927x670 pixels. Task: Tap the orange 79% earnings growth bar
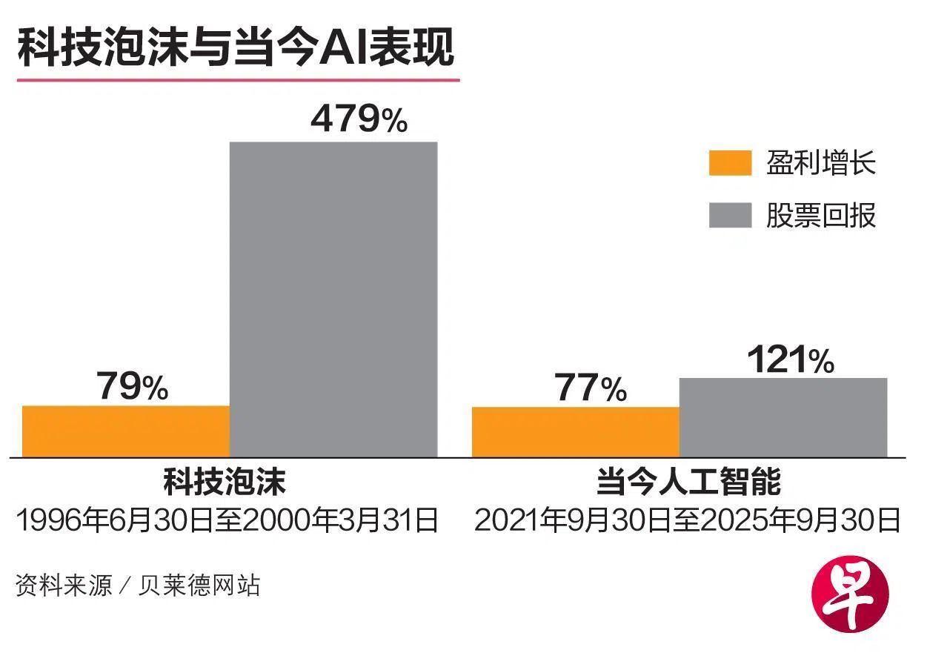126,431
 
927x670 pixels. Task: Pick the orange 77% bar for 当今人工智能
575,432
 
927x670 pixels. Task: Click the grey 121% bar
783,418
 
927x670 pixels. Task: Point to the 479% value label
359,119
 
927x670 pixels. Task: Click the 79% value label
132,387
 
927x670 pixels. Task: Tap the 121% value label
790,360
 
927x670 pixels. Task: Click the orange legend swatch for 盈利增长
730,163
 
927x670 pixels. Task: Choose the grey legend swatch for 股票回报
730,214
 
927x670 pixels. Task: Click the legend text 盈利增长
821,163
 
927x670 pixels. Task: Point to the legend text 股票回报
821,215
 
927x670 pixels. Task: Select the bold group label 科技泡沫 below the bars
225,483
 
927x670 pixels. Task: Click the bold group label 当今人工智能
688,483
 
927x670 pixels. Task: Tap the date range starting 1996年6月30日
227,520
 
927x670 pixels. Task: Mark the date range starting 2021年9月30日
687,520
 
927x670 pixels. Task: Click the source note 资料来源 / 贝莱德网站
138,586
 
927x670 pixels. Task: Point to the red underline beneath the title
238,79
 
